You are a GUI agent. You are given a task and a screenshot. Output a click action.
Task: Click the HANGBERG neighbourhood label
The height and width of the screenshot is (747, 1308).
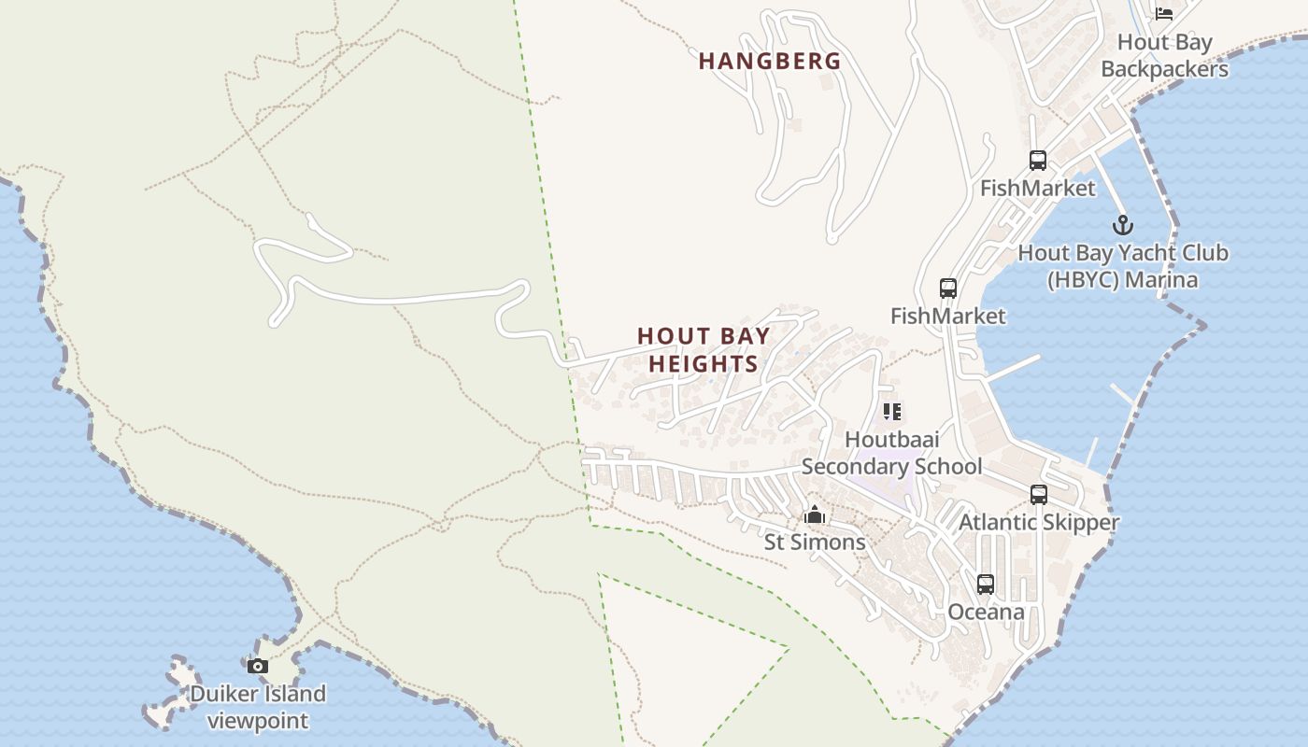[x=770, y=62]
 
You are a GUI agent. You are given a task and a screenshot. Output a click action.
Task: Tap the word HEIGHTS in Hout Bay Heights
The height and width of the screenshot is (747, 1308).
[x=703, y=364]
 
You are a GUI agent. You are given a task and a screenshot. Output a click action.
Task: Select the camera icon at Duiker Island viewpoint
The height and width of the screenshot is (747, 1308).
[x=257, y=666]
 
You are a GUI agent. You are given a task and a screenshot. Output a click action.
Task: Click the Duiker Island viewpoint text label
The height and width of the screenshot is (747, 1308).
[x=258, y=707]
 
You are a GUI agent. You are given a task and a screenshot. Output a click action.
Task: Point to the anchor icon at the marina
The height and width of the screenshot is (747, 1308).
[x=1122, y=225]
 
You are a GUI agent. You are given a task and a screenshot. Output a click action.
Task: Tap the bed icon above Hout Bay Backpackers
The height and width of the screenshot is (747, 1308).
[x=1163, y=13]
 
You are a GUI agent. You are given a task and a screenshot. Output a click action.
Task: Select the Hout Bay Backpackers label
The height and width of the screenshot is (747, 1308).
[x=1164, y=56]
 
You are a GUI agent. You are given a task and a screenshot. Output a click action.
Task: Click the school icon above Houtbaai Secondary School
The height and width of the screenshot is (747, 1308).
[x=891, y=411]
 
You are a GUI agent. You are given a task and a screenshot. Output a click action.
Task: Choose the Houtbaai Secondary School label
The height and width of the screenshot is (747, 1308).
[x=891, y=453]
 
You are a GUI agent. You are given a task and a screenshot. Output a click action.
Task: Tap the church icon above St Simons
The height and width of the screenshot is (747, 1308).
[x=815, y=514]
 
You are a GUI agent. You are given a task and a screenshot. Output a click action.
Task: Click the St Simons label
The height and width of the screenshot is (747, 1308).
[x=815, y=543]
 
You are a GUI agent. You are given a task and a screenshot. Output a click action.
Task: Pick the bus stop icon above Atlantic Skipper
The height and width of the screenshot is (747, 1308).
[x=1038, y=495]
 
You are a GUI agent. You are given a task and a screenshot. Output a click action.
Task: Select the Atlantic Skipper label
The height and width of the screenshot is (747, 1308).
[x=1038, y=522]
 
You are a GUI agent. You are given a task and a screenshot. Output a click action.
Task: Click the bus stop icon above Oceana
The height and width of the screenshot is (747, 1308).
[x=985, y=585]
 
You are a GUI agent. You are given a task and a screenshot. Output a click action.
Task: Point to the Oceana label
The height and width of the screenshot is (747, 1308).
[x=986, y=613]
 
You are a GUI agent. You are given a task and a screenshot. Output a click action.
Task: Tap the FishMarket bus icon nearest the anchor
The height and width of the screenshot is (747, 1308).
[x=1037, y=161]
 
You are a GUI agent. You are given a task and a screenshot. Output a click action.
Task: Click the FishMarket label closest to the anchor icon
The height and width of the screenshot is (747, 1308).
[x=1037, y=189]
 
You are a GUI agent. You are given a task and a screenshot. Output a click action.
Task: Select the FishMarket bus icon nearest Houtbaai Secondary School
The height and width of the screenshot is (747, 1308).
[x=947, y=289]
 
